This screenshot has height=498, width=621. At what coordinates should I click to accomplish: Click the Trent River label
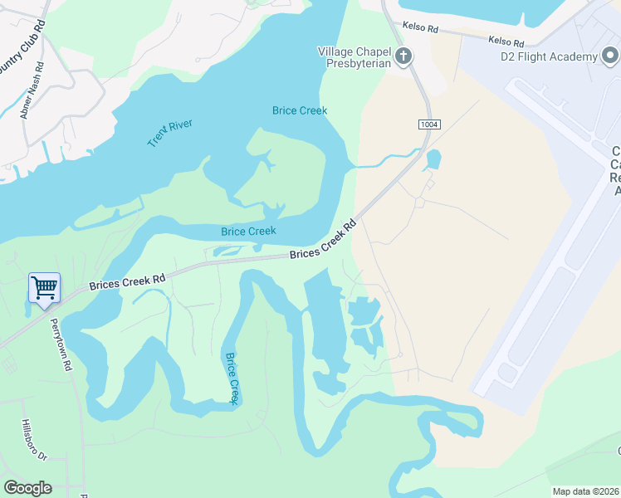170,133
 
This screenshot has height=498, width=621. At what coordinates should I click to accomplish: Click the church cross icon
403,56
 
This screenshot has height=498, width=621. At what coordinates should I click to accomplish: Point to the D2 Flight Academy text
549,56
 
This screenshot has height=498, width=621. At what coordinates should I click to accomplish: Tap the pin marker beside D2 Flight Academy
611,56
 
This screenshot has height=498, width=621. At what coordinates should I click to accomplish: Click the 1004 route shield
428,124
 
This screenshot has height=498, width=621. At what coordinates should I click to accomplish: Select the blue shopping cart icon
44,288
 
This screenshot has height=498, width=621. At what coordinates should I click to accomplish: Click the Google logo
27,488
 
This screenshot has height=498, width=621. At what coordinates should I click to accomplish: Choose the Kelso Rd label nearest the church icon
419,27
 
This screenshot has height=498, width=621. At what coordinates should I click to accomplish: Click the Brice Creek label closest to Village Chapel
300,110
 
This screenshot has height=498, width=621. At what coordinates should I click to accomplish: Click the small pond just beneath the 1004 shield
433,159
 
